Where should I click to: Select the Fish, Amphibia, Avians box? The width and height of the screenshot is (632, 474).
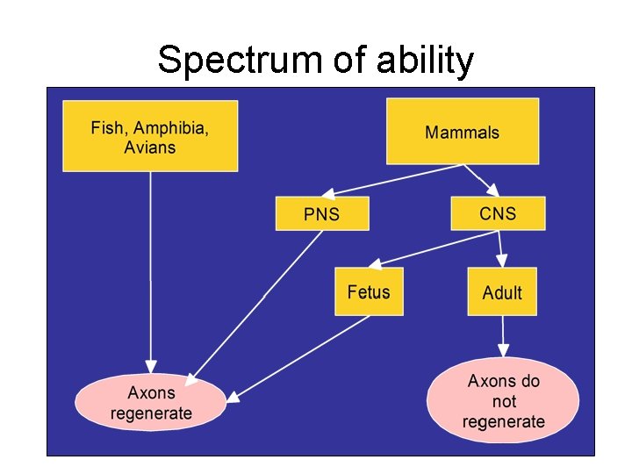(x=150, y=136)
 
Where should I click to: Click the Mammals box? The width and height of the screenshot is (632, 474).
(x=462, y=132)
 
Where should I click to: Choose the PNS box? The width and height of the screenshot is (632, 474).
(x=321, y=213)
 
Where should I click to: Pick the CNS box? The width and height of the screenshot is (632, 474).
(x=498, y=213)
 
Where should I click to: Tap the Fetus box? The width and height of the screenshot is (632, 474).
(x=368, y=291)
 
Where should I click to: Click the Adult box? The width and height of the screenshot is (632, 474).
(x=501, y=292)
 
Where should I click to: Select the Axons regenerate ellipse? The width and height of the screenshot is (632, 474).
(x=150, y=402)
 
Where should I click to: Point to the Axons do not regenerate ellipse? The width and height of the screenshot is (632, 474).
(x=503, y=401)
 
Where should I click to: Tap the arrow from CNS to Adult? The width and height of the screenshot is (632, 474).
(x=499, y=249)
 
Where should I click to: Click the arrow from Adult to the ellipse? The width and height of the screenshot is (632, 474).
(x=502, y=338)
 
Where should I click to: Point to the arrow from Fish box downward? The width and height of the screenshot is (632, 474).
(x=151, y=272)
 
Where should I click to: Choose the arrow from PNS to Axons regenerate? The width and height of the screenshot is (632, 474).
(x=259, y=303)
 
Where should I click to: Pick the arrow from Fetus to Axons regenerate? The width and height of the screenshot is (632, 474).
(x=298, y=356)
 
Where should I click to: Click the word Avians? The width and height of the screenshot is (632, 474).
(x=149, y=147)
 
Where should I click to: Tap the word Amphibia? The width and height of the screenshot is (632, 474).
(x=171, y=127)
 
